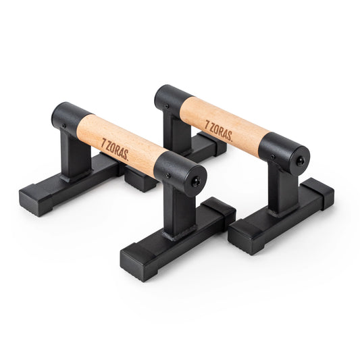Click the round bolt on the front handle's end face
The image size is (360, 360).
[197, 180]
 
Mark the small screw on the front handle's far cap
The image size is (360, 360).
[64, 125]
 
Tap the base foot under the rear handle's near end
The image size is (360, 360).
[280, 216]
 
